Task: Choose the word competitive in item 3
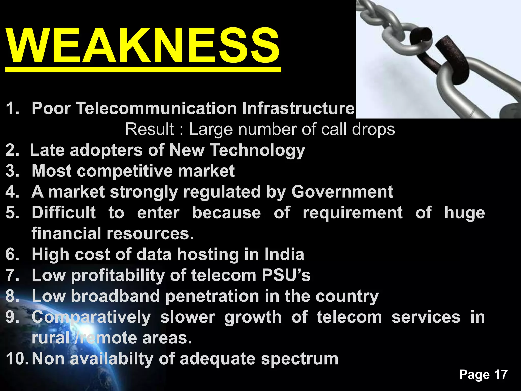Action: point(124,171)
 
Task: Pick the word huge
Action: point(465,213)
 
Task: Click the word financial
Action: point(66,233)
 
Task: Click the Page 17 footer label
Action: point(483,375)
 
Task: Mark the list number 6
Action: point(12,254)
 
